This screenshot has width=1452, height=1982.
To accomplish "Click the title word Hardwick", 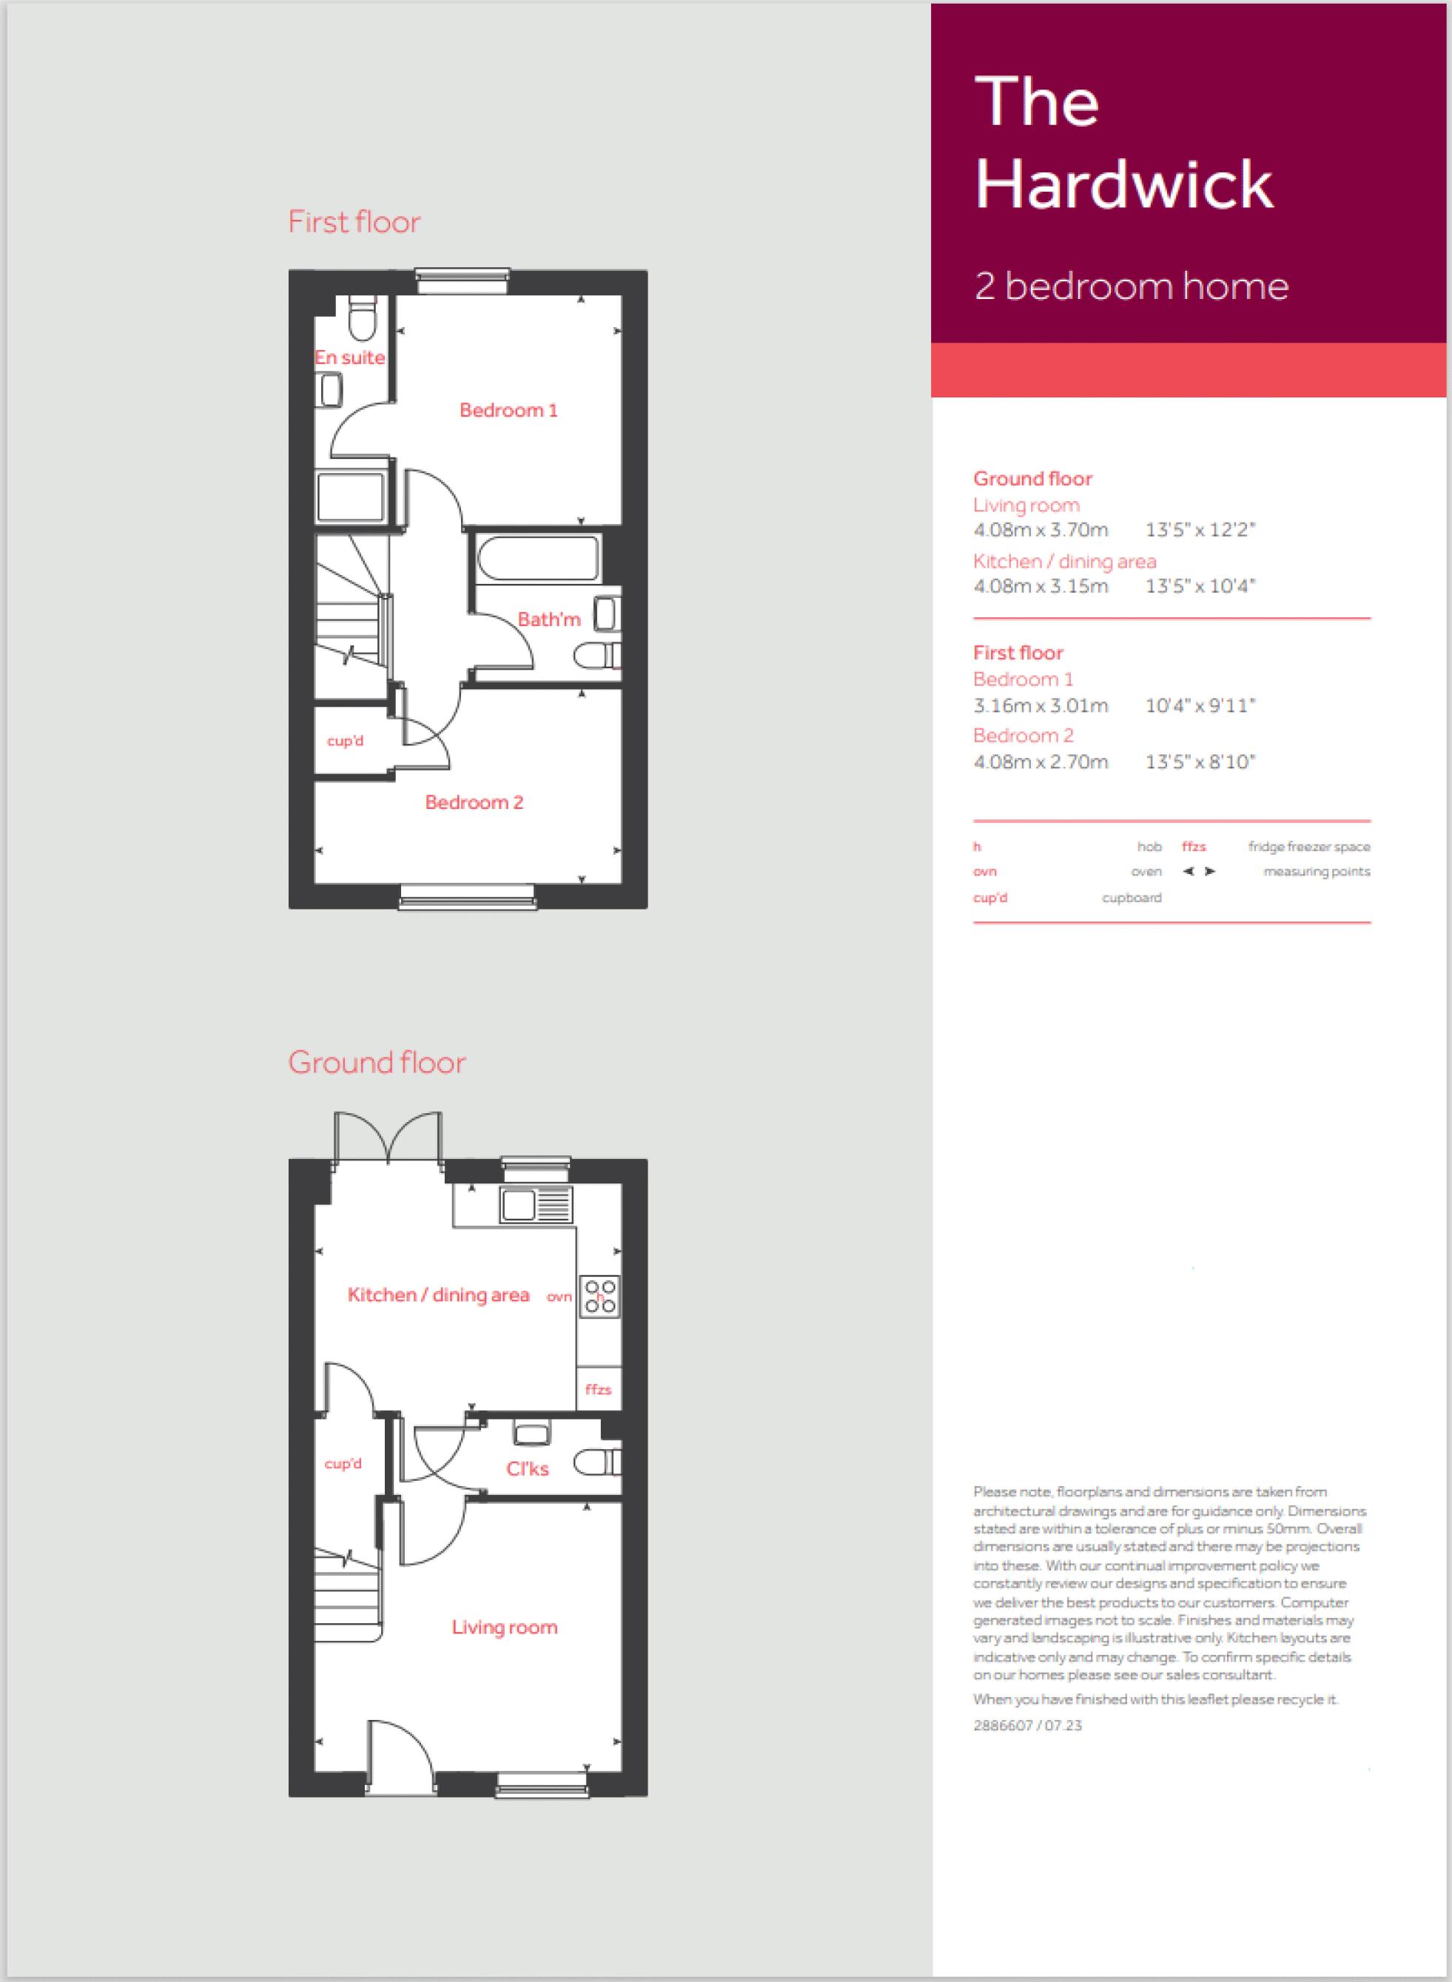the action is coord(1124,184).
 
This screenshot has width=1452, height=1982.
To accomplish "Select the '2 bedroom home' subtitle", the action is coord(1132,286).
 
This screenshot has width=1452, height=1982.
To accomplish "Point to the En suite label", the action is coord(350,357).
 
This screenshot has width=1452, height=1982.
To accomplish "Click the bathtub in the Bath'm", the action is coord(539,557).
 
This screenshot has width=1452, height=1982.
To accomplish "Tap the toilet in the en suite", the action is coord(361,318).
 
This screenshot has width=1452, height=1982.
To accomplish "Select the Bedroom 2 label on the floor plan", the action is coord(474,802).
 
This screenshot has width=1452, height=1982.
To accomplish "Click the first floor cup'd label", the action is coord(345,741).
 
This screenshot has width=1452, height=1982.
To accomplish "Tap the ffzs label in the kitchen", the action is coord(598,1390).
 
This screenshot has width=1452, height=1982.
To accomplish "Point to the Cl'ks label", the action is coord(528,1468).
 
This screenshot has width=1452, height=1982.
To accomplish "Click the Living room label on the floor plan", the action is coord(505,1627).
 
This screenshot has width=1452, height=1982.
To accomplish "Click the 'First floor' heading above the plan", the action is coord(354,221).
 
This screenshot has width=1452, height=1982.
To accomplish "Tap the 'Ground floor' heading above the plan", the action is coord(377,1063).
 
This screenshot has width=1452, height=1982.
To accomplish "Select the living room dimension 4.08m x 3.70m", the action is coord(1041,530).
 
